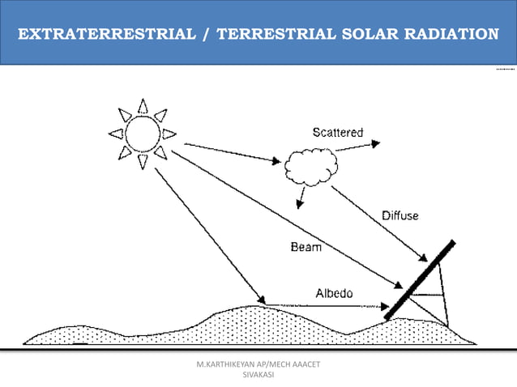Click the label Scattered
coord(338,132)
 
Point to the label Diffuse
coord(400,216)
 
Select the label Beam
coord(305,247)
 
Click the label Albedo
coord(334,293)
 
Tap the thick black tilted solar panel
coord(419,279)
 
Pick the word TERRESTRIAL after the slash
coord(269,34)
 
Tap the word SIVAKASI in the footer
coord(258,376)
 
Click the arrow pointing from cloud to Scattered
coord(361,146)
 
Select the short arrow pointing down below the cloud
coord(301,198)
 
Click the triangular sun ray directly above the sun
coord(143,106)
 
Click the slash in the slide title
coord(209,34)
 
